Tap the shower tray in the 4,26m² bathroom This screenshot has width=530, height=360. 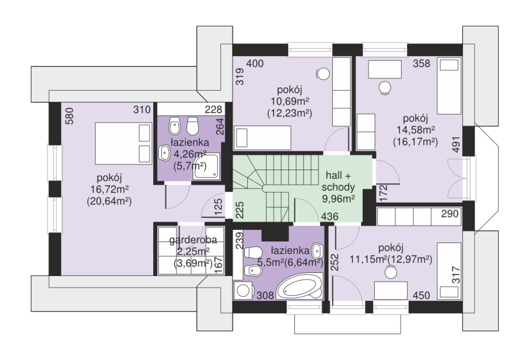pos(206,167)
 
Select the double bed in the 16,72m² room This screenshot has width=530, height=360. pos(123,143)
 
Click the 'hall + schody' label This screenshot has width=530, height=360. pos(338,181)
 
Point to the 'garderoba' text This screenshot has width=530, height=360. pos(193,240)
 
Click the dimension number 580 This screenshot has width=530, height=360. pos(69,116)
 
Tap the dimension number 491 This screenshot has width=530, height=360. pos(457,145)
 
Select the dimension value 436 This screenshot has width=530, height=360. pos(329,217)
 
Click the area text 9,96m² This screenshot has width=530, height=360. pos(338,198)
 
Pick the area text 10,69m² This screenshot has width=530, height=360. pos(290,101)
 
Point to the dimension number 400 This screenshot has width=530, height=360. pos(255,63)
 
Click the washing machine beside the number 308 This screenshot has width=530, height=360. pos(244,291)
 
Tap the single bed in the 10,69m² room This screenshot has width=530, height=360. pos(262,138)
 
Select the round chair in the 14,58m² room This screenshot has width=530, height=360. pos(385,88)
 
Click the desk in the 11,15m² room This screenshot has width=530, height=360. pos(391,290)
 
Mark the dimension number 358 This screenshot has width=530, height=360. pos(421,63)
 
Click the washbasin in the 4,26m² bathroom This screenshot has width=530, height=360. pos(165,153)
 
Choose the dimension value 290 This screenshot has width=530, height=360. pos(450,213)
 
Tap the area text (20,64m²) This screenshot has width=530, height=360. pos(109,201)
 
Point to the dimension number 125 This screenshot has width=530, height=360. pos(218,207)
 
